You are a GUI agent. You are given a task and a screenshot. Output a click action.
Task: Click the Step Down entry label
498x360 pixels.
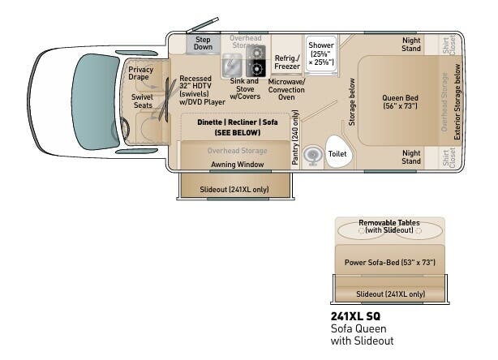(x=203, y=43)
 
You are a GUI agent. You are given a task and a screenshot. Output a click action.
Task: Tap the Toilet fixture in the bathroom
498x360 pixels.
(x=337, y=152)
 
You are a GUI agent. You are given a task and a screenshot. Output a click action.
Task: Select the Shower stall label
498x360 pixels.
(x=320, y=52)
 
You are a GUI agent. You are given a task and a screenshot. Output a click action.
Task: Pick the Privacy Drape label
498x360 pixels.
(x=140, y=75)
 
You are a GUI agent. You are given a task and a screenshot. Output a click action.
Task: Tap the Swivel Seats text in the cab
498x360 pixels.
(x=143, y=100)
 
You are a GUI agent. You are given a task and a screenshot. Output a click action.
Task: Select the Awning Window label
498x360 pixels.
(x=234, y=164)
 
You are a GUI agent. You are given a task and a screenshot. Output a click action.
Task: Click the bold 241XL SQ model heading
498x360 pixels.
(x=355, y=315)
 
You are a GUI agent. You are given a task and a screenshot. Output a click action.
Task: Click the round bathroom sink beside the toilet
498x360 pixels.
(x=311, y=154)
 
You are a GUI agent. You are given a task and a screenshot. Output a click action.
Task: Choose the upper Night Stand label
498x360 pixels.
(x=411, y=45)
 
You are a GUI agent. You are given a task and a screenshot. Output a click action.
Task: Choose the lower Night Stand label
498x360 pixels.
(x=411, y=156)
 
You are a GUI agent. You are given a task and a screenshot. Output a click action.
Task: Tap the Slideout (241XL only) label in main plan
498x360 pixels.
(x=233, y=189)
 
